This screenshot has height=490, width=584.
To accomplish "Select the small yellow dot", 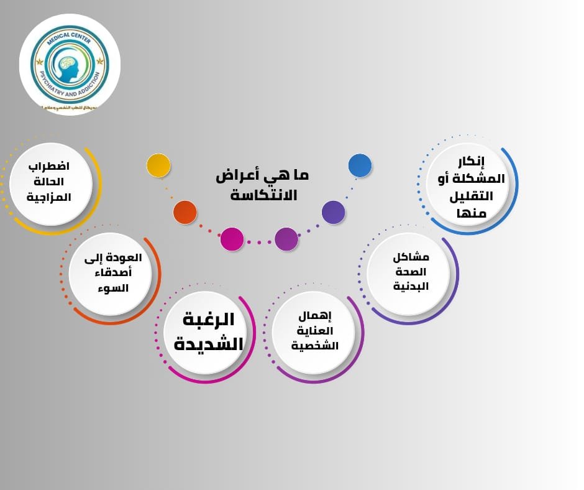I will click(158, 165).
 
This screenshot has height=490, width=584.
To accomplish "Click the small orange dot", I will click(185, 213).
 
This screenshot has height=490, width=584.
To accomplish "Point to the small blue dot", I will click(360, 165).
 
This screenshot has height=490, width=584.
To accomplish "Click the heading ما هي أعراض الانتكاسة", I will click(263, 185).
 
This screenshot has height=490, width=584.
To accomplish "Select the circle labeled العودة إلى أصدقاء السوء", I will click(109, 274).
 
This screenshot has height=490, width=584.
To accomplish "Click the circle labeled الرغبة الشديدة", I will click(204, 333).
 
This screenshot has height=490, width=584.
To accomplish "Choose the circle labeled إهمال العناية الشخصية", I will click(314, 331).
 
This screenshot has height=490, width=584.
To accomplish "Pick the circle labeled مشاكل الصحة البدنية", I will click(408, 272).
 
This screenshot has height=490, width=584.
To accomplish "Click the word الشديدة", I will click(204, 343).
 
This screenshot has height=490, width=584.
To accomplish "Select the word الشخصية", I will click(315, 346).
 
